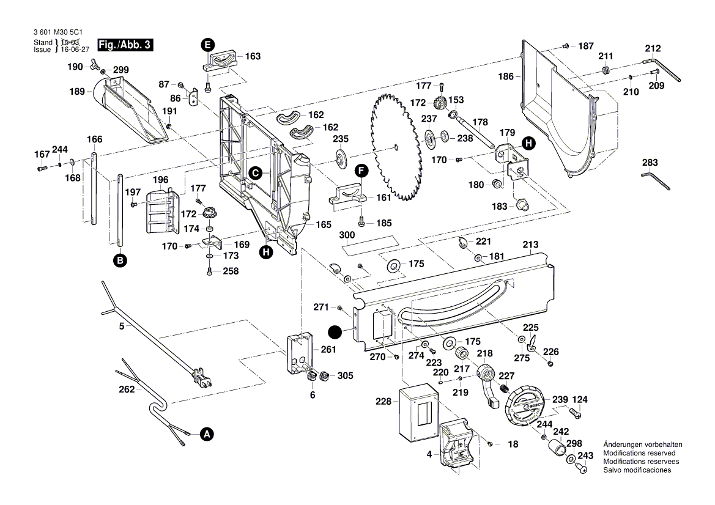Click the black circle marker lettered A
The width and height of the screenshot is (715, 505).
click(207, 434)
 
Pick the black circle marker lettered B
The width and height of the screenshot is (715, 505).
click(120, 260)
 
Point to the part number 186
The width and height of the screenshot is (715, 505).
click(505, 77)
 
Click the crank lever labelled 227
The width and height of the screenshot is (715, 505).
click(490, 384)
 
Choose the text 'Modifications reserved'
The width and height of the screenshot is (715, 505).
click(639, 453)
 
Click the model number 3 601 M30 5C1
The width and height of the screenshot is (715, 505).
click(59, 34)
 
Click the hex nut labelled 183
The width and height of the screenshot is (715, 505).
click(522, 205)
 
